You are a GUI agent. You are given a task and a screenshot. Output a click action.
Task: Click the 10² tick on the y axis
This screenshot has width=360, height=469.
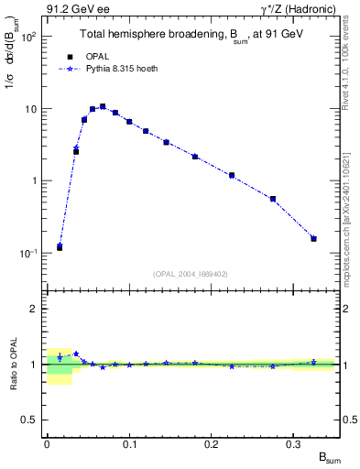27,38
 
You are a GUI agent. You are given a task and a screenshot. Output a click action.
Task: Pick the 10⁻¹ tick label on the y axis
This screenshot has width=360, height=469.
27,253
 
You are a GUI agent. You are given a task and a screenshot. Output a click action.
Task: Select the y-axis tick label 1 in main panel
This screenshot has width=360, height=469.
33,181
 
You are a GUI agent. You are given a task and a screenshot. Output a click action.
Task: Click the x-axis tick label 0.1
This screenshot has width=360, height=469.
129,442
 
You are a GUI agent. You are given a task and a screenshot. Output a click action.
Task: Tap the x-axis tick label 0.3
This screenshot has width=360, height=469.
294,442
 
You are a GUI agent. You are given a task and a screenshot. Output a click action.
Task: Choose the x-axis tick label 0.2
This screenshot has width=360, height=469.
212,442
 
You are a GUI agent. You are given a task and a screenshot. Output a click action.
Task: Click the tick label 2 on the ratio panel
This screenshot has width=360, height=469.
33,309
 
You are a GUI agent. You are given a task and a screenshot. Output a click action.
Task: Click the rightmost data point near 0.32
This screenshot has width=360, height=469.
313,238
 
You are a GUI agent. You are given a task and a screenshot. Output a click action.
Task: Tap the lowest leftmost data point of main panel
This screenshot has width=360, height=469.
60,247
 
